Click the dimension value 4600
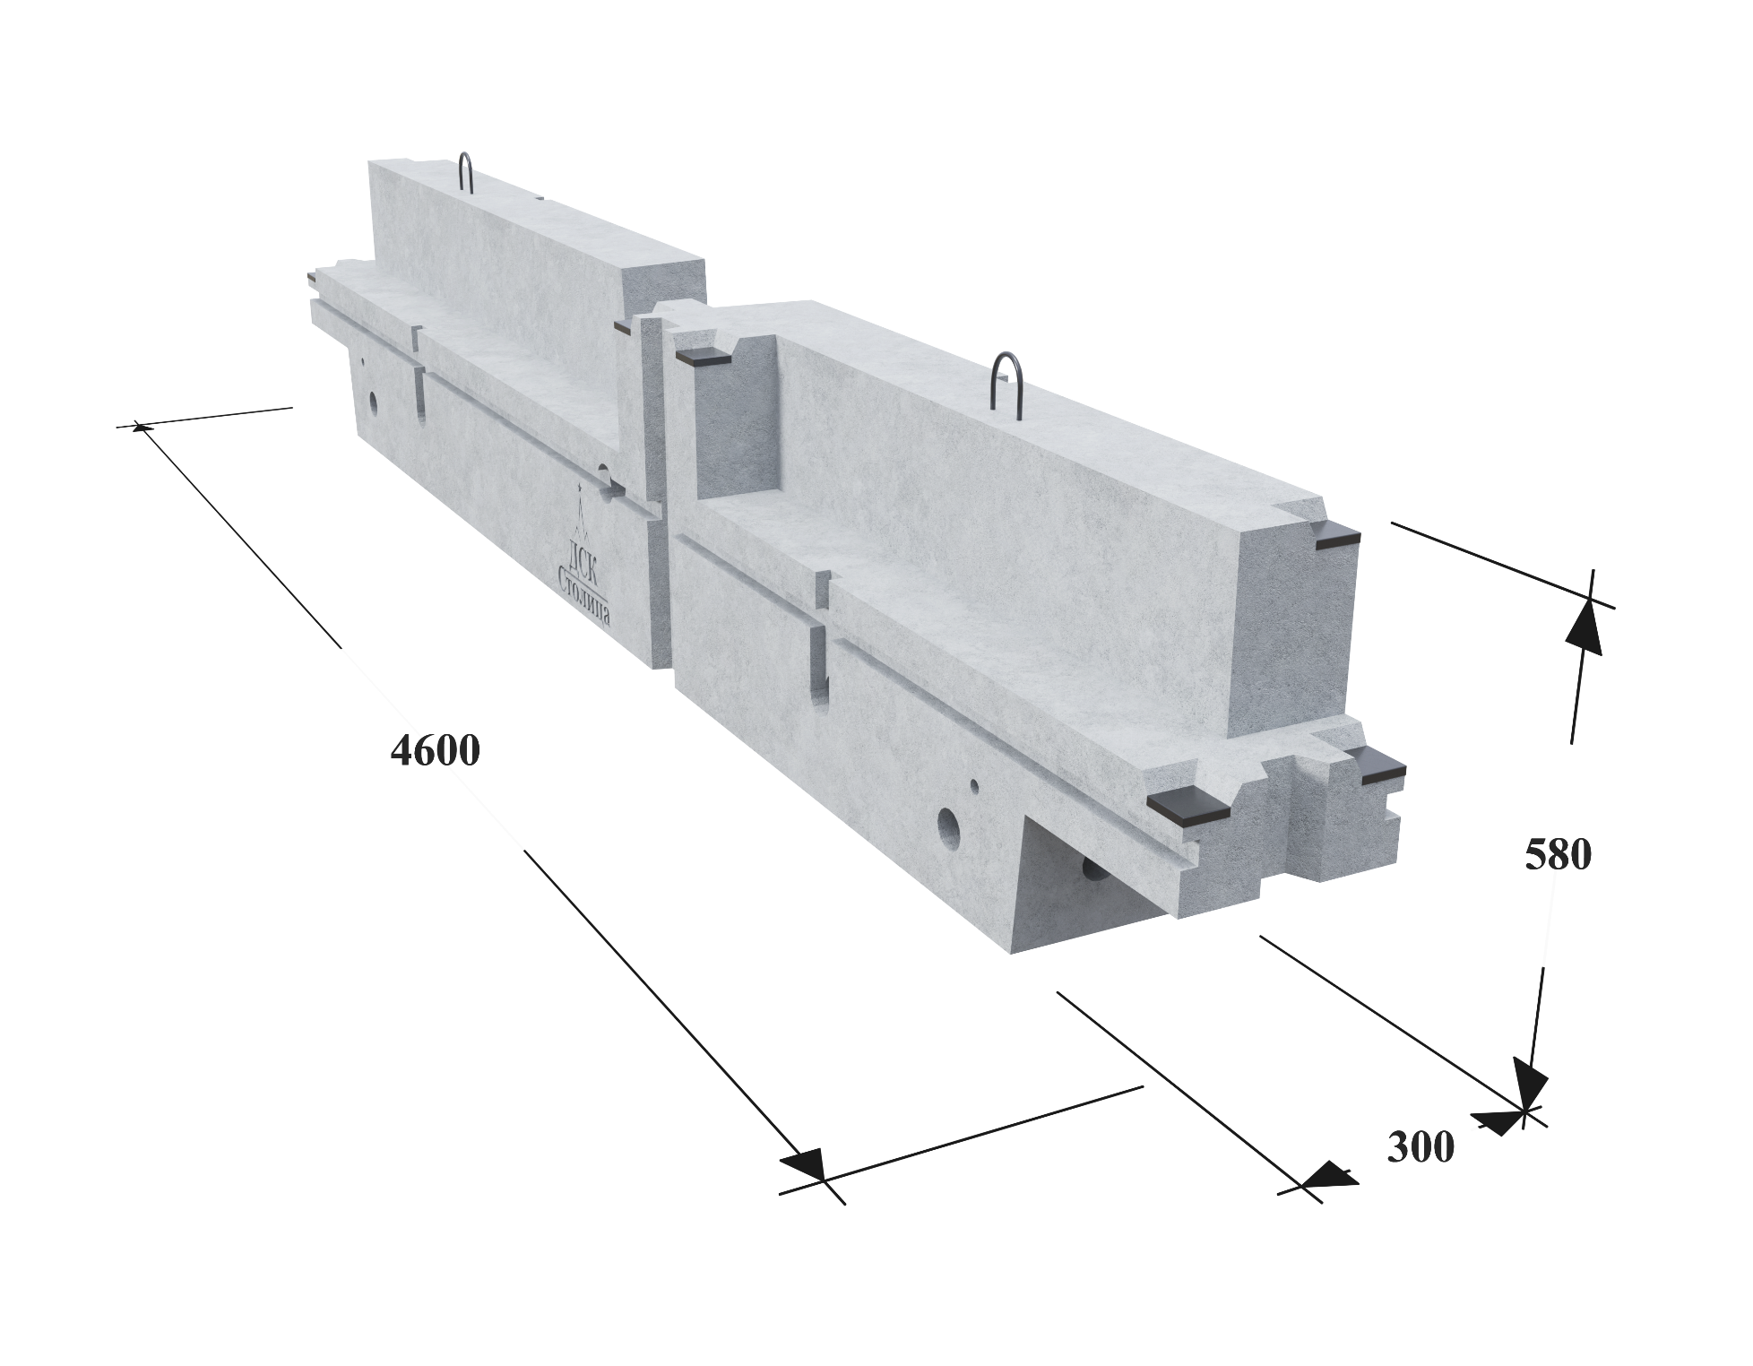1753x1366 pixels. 435,750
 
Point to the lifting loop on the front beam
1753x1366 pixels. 1006,381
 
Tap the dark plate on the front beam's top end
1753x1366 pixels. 1336,538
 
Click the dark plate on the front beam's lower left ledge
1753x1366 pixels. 1190,807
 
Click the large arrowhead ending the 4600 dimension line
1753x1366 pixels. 802,1166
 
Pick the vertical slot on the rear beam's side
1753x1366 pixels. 419,390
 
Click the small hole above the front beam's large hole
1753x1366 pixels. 974,786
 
